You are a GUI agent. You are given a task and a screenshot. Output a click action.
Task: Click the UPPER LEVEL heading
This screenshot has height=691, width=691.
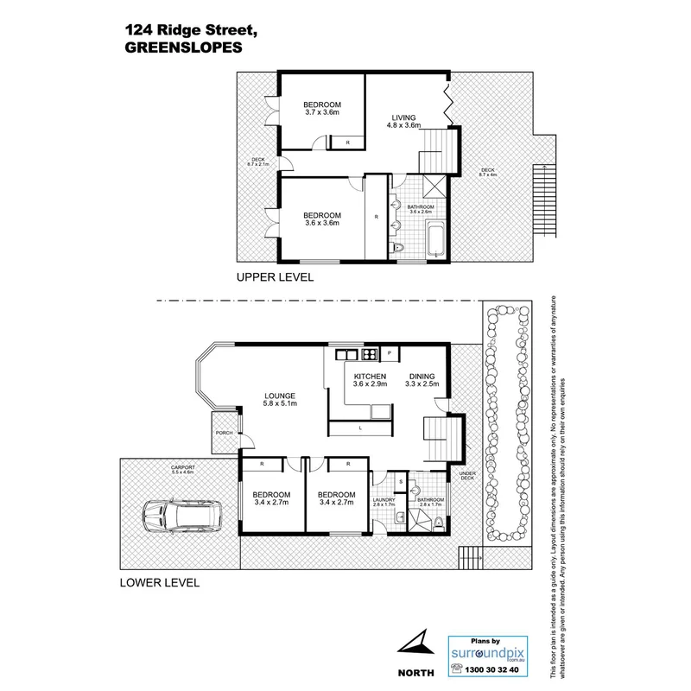tap(276, 278)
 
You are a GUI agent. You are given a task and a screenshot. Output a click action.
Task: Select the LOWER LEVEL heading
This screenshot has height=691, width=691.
tap(159, 583)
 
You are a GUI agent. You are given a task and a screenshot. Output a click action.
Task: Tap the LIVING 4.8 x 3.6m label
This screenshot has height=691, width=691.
tap(404, 121)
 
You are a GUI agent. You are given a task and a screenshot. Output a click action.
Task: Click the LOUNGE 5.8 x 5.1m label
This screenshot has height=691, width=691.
tap(281, 401)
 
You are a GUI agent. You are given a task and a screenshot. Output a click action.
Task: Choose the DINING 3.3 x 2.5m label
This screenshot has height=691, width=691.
tap(422, 381)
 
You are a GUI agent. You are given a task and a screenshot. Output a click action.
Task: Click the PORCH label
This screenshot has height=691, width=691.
tap(226, 433)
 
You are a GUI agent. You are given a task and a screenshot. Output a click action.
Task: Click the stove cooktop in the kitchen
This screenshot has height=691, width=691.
tap(369, 353)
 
